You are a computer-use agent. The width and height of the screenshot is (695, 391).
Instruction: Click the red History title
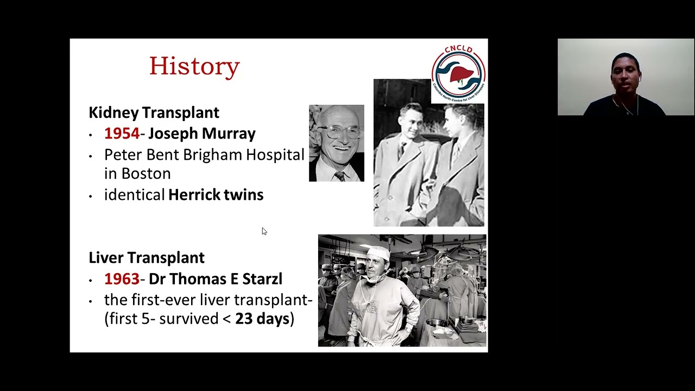click(194, 66)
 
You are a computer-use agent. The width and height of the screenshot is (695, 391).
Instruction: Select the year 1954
click(122, 134)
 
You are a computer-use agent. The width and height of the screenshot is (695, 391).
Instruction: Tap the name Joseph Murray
click(201, 134)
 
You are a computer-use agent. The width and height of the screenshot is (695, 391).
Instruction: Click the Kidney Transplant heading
click(154, 112)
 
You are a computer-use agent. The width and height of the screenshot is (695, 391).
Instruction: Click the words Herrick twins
click(216, 195)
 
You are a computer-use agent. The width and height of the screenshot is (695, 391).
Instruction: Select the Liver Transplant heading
click(147, 257)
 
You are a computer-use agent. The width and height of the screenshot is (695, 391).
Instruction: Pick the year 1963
click(122, 279)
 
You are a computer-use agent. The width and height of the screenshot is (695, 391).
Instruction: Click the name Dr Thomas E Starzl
click(215, 279)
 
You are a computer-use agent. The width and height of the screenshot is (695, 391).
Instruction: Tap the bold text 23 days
click(262, 319)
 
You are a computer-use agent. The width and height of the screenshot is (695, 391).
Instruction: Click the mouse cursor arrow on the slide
click(264, 231)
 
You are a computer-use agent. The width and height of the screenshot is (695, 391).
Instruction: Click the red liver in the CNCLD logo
click(459, 74)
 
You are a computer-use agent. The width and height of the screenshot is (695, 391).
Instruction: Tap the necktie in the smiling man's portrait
click(339, 176)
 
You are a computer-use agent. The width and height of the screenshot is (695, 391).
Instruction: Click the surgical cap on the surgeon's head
click(378, 253)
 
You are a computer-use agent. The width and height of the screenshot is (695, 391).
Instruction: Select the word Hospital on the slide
click(275, 155)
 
